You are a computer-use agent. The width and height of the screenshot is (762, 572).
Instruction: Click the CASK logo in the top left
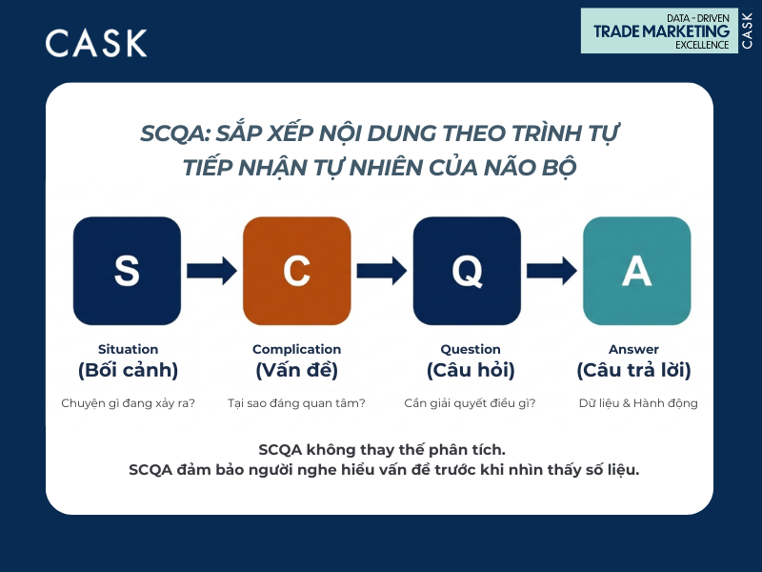(x=96, y=43)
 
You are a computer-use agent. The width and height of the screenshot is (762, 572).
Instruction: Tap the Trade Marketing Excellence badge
(x=671, y=31)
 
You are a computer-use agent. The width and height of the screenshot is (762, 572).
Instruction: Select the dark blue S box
(x=127, y=271)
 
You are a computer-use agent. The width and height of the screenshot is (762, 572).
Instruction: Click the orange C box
(x=296, y=271)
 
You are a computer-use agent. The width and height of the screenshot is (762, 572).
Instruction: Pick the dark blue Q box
(x=467, y=271)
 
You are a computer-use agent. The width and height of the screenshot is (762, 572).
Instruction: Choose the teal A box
(x=636, y=271)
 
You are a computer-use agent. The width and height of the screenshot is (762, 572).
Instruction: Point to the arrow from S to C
(x=211, y=271)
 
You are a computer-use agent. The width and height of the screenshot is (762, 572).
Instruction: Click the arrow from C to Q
(x=381, y=271)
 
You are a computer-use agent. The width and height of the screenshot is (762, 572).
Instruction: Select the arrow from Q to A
(x=551, y=271)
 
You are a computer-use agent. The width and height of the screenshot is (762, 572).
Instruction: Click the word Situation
(x=128, y=349)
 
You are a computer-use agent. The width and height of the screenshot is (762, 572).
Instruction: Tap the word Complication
(x=296, y=349)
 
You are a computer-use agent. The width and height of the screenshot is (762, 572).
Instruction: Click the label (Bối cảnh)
(x=128, y=370)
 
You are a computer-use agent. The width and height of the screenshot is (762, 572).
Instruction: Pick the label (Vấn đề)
(x=296, y=370)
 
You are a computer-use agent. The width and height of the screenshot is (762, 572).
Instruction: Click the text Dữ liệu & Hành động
(x=638, y=403)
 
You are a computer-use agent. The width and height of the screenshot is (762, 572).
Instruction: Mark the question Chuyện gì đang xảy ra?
(x=128, y=403)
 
